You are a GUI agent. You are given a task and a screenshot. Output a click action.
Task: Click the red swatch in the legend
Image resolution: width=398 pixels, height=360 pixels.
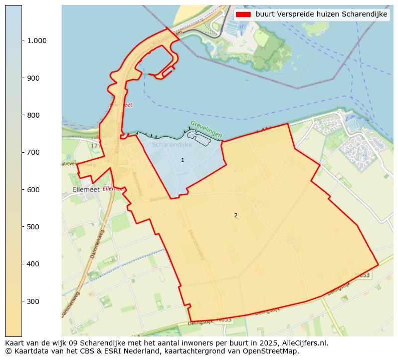(x=243, y=15)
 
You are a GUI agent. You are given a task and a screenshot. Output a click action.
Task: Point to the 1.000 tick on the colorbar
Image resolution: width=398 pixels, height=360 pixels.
(x=36, y=41)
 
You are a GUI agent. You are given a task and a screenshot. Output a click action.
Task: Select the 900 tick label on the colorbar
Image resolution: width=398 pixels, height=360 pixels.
(x=34, y=78)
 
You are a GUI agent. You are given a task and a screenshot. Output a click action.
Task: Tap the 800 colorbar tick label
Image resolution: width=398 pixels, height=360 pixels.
(x=34, y=115)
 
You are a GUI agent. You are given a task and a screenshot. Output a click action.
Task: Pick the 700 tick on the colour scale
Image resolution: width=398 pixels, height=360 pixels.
(x=34, y=152)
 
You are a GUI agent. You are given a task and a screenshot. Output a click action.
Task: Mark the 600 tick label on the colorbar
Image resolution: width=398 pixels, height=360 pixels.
(x=34, y=190)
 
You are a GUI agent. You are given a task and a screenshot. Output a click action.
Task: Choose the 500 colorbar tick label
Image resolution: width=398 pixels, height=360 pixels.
(x=34, y=227)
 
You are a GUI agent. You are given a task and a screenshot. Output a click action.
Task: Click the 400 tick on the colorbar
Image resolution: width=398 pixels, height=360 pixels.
(x=34, y=264)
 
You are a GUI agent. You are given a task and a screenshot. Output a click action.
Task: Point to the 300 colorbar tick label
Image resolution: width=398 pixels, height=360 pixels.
(x=34, y=301)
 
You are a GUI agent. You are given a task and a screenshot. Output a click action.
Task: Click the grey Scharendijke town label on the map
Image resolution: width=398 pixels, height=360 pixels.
(x=171, y=145)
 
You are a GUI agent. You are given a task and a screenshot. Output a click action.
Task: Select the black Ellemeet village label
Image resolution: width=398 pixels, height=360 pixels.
(x=86, y=190)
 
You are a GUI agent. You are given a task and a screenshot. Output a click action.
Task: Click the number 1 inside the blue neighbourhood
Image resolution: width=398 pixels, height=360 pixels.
(x=182, y=160)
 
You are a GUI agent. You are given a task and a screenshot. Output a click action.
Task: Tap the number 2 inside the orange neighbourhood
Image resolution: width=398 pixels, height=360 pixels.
(x=236, y=215)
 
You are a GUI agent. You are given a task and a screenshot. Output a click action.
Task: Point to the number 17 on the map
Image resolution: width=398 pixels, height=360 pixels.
(x=94, y=146)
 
